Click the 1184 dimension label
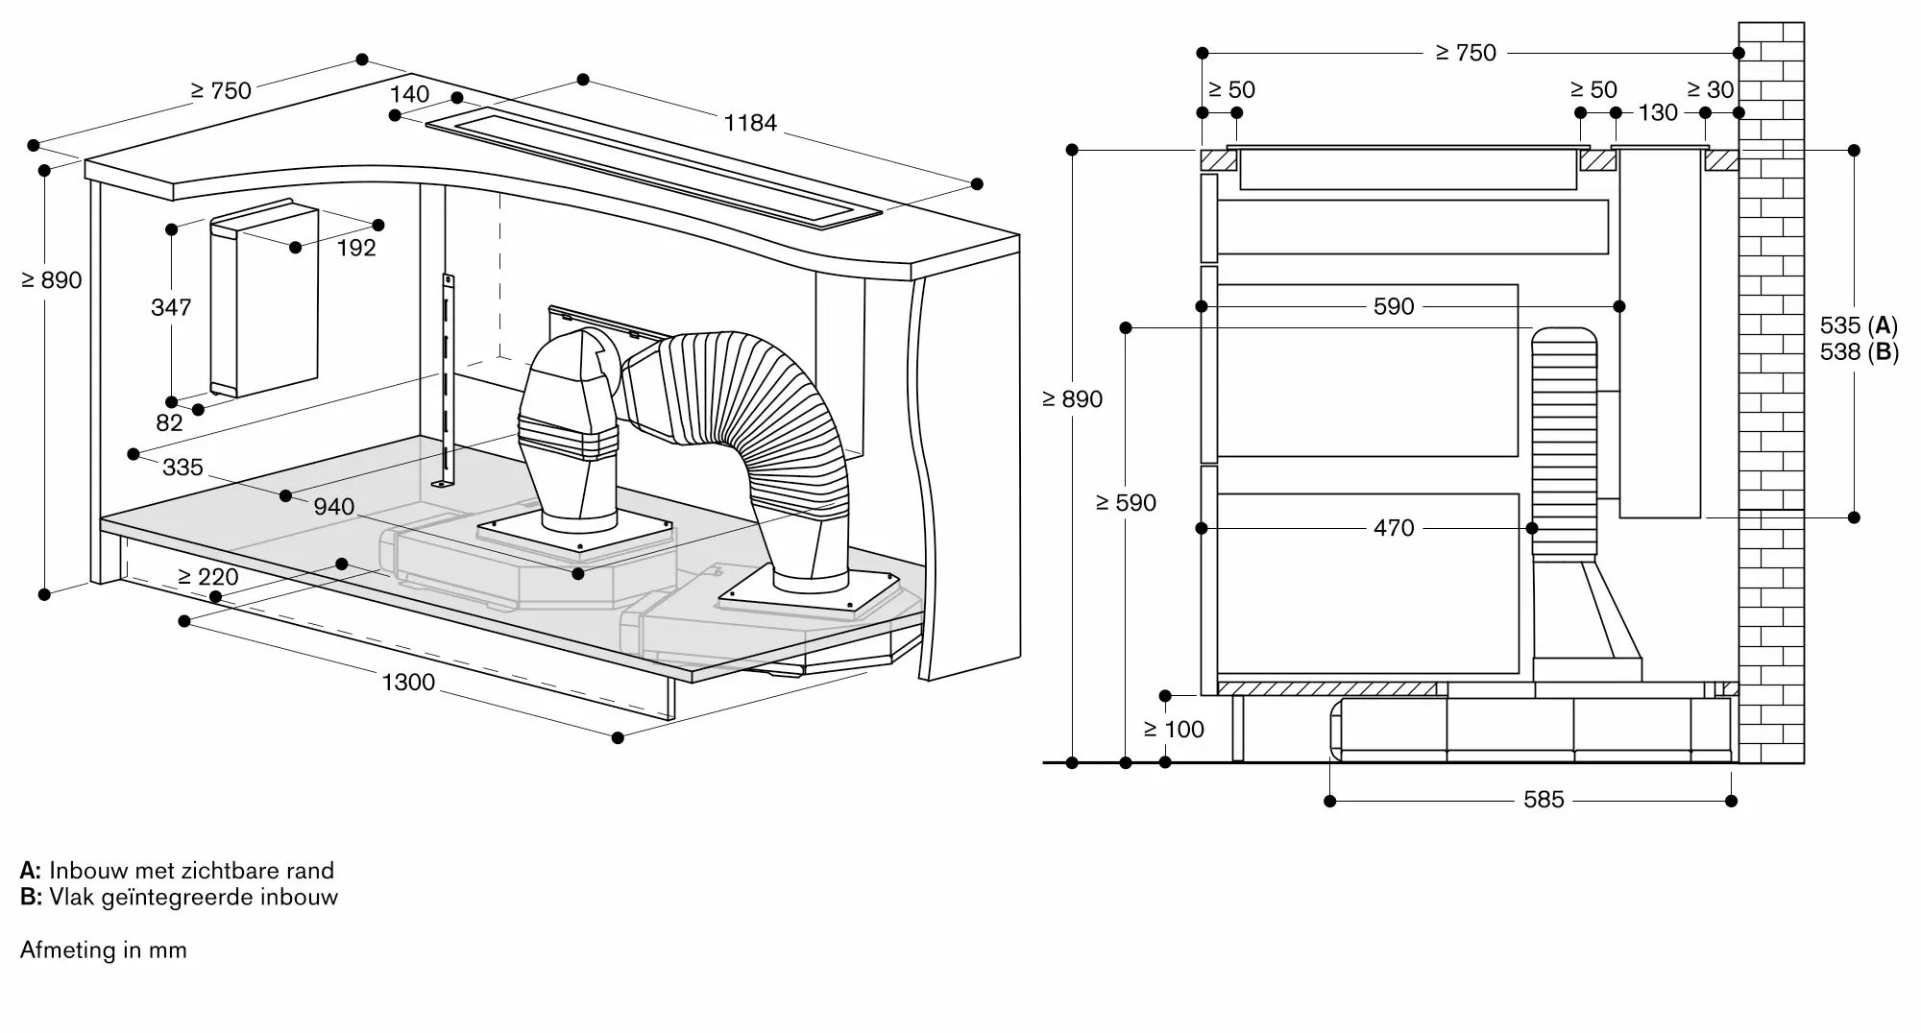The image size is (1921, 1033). point(750,123)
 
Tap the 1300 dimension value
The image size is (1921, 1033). point(408,683)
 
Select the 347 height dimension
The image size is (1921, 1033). point(171,307)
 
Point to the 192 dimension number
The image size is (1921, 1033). point(356,248)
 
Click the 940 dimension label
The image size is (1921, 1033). point(334,507)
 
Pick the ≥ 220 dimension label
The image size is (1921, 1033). point(208,577)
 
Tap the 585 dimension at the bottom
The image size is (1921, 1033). point(1544,800)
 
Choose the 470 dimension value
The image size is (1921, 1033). point(1394,528)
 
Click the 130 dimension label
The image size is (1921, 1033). point(1658,113)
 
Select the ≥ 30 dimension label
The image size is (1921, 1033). point(1711,90)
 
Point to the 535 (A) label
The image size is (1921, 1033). point(1859,325)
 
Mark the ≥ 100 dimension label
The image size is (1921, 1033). point(1174,730)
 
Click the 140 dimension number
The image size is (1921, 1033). point(410,94)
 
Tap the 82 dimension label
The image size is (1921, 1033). point(169,423)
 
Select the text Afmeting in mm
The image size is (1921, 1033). point(104,950)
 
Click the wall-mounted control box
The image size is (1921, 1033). point(264,299)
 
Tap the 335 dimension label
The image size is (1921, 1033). point(182,468)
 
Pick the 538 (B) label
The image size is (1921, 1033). point(1860,352)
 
